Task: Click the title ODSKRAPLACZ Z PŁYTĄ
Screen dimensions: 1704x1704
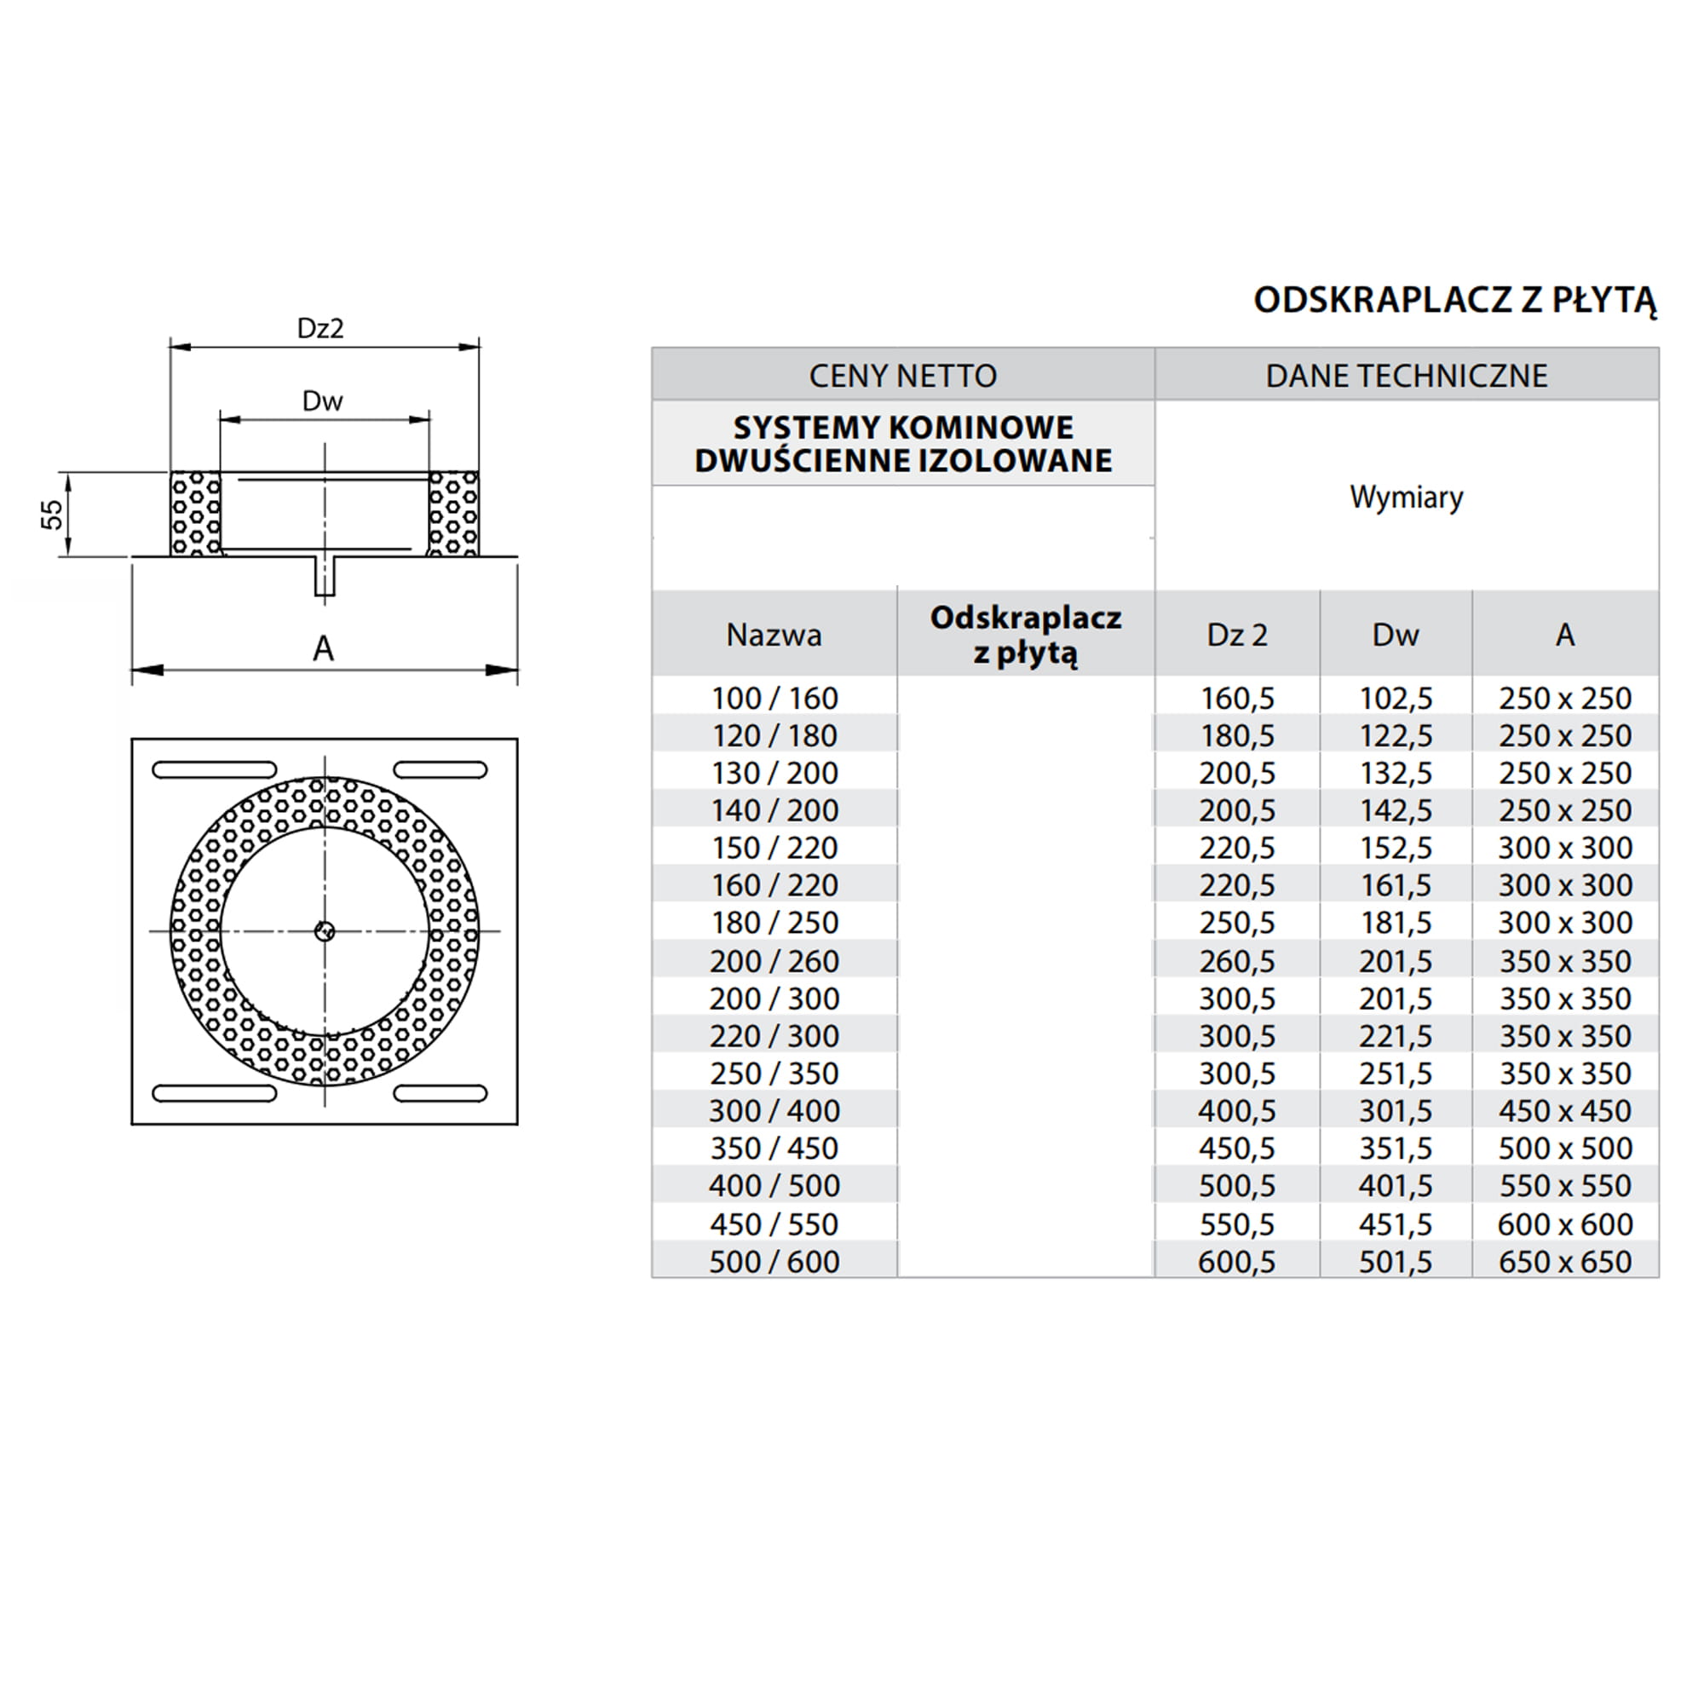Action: point(1454,300)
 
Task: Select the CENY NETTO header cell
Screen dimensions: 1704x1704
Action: point(902,376)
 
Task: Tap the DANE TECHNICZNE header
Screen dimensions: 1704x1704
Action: point(1406,376)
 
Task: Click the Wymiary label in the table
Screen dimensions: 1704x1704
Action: point(1406,498)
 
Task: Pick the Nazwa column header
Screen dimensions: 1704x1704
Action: point(774,635)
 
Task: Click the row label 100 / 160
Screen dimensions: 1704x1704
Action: point(774,699)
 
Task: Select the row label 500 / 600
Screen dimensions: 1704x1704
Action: point(774,1262)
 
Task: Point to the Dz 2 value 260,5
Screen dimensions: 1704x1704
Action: point(1236,961)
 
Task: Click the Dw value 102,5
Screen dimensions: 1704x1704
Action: point(1396,699)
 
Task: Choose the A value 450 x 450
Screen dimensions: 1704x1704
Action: point(1564,1111)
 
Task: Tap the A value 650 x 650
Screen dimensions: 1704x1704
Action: point(1564,1262)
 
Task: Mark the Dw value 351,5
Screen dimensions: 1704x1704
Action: point(1396,1148)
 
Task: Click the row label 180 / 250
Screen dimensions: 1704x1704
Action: point(774,924)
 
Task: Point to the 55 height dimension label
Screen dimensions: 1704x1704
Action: point(53,515)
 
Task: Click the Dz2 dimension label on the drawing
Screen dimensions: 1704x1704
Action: point(320,329)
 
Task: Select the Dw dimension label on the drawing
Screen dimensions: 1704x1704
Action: point(322,401)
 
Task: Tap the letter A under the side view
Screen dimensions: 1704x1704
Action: point(324,649)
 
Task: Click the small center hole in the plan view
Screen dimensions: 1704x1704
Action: point(325,930)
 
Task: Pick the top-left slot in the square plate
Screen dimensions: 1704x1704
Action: point(215,770)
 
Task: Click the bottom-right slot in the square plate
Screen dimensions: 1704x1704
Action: point(440,1094)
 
